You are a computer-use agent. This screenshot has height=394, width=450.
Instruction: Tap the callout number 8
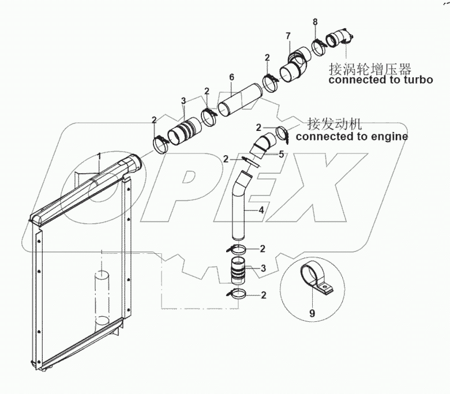click(315, 22)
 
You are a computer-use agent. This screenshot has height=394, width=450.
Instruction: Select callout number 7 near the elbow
click(287, 37)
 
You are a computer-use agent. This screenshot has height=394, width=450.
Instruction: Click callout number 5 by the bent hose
click(282, 154)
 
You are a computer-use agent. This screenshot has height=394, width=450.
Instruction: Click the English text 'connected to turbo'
click(381, 80)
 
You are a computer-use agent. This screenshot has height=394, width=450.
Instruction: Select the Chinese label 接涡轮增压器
click(370, 69)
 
